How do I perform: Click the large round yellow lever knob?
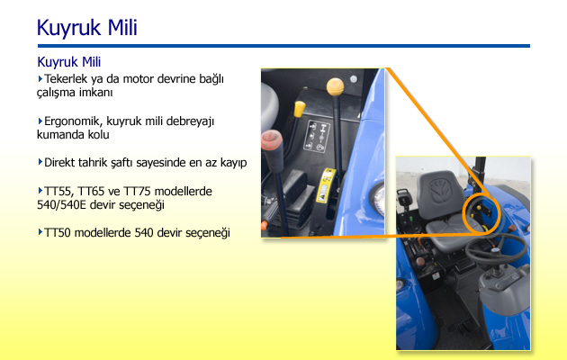(335, 86)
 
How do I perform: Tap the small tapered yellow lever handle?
(300, 109)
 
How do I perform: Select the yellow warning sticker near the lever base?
(326, 185)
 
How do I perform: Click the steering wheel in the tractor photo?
(495, 248)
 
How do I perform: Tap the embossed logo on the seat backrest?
(440, 191)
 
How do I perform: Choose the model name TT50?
(58, 233)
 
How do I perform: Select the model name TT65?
(91, 191)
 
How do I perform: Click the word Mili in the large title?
(122, 28)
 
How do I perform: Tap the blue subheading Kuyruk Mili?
(69, 62)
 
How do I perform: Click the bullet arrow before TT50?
(40, 232)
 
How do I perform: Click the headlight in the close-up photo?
(377, 199)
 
